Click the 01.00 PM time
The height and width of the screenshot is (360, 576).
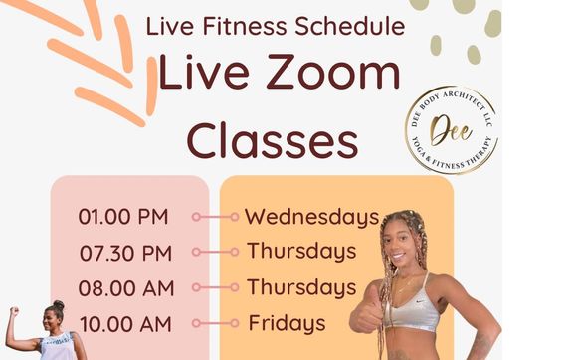pos(123,216)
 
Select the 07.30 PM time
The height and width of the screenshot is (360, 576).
pos(124,253)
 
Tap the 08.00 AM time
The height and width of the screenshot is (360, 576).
pos(124,288)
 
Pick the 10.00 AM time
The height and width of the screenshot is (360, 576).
pos(124,323)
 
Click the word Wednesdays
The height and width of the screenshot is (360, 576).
pos(311,216)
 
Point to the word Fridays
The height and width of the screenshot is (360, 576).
pos(287,323)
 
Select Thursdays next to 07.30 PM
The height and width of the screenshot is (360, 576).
pos(301,251)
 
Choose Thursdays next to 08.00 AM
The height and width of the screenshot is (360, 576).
pos(301,287)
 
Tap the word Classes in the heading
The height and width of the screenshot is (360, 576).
pos(273,140)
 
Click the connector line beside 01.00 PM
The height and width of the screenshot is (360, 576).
pos(212,216)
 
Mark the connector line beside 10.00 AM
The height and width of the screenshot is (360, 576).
pos(212,323)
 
